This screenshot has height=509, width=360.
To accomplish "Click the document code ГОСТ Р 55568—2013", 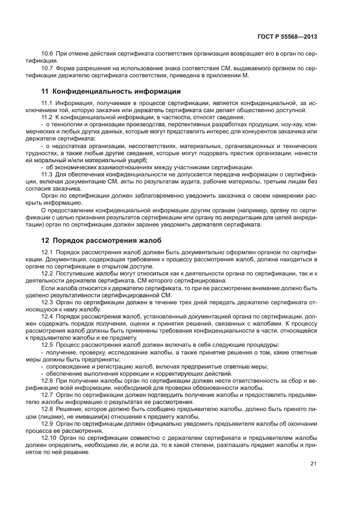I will [288, 36].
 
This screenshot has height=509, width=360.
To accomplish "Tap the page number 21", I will [313, 463].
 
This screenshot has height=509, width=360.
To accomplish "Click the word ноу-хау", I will [290, 125].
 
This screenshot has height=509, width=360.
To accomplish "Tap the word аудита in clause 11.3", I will [175, 181].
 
